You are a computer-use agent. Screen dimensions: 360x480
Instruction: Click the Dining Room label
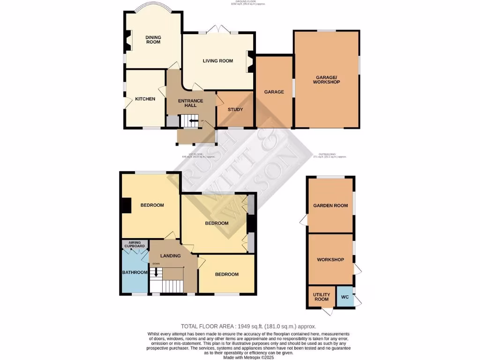[153, 39]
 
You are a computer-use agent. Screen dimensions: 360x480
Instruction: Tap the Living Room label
[217, 60]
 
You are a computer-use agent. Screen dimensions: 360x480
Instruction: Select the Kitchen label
[145, 99]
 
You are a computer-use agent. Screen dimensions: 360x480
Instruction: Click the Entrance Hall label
[190, 103]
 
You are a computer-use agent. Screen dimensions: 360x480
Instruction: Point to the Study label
[235, 110]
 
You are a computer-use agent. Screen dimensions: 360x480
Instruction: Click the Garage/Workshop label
[326, 79]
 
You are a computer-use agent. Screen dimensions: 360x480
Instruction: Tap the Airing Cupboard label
[135, 245]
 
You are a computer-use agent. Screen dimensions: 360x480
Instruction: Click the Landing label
[170, 256]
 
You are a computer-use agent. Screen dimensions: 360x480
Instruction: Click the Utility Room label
[321, 297]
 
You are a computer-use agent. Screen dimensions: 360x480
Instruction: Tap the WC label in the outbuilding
[345, 297]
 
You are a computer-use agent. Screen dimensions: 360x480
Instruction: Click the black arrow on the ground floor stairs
[193, 121]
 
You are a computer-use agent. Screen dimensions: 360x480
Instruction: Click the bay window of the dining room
[153, 9]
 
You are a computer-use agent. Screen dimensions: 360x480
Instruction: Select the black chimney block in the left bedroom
[125, 205]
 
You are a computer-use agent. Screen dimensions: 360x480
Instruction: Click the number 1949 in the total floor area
[247, 326]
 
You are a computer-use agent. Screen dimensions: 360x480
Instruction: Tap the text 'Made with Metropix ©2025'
[249, 357]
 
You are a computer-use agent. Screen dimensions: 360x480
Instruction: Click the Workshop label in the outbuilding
[330, 260]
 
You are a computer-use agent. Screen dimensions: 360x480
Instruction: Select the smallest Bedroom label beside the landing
[227, 274]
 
